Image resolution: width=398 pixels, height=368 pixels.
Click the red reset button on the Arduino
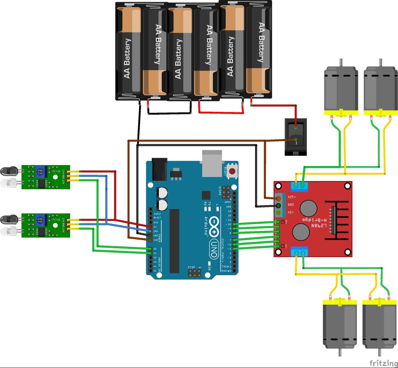232,171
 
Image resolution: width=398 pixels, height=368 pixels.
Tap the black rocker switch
296,137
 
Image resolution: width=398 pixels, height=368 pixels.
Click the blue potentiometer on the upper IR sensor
40,170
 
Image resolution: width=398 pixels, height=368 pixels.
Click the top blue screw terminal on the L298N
299,185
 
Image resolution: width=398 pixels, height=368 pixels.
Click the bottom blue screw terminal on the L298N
299,252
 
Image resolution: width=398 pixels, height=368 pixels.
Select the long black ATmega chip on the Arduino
175,241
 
